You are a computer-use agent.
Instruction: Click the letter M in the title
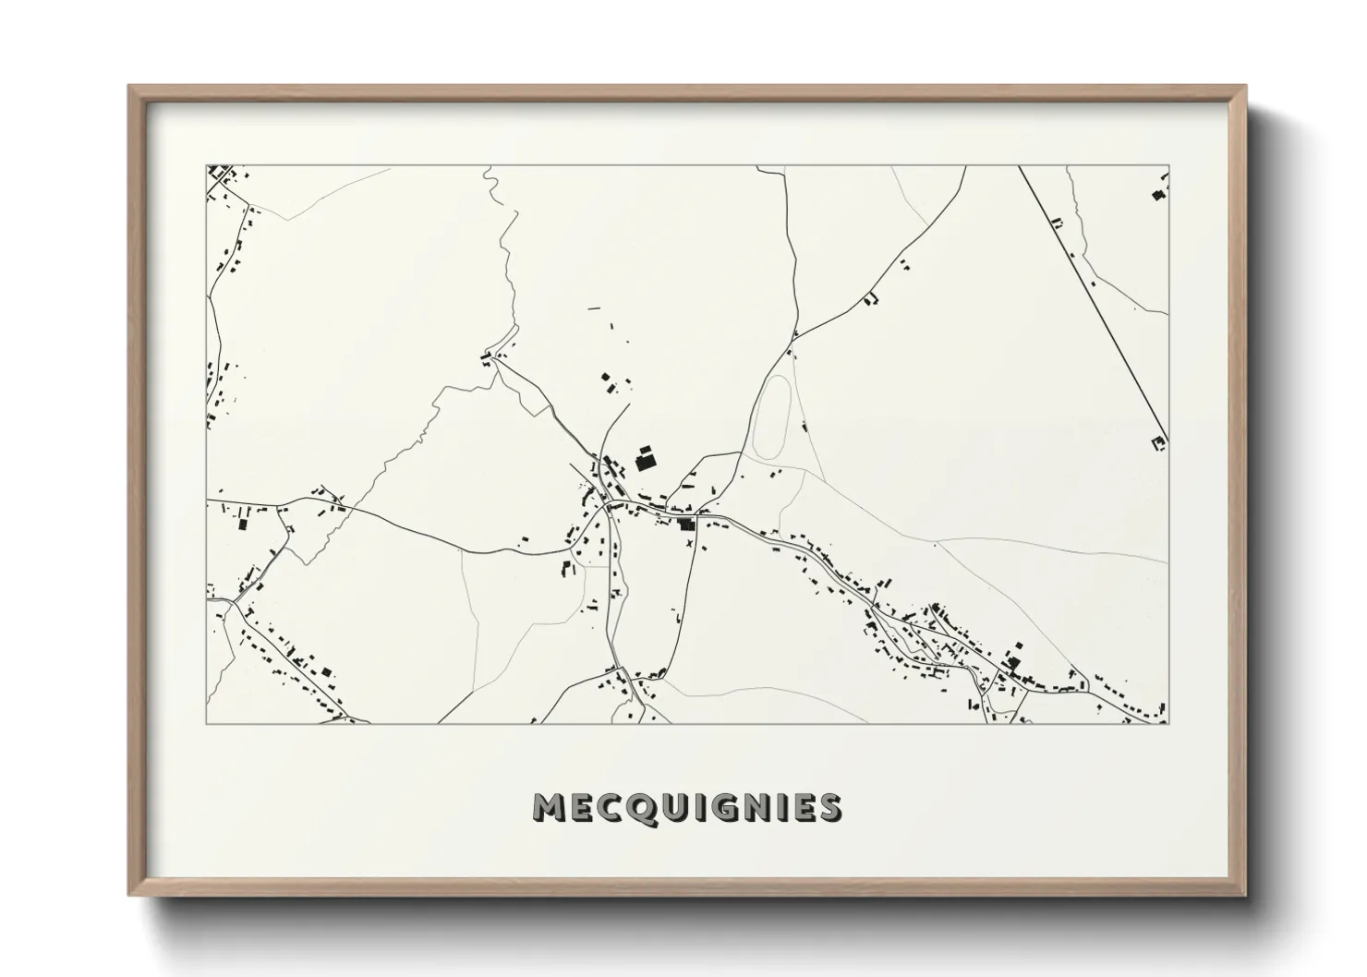pyautogui.click(x=549, y=808)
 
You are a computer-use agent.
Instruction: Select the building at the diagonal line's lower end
pyautogui.click(x=1157, y=444)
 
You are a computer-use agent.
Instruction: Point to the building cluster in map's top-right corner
pyautogui.click(x=1158, y=193)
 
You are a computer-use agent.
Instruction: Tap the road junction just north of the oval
pyautogui.click(x=792, y=339)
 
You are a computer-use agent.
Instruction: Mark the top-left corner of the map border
pyautogui.click(x=207, y=166)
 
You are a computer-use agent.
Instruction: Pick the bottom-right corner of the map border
pyautogui.click(x=1168, y=723)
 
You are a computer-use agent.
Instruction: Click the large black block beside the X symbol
pyautogui.click(x=685, y=525)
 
